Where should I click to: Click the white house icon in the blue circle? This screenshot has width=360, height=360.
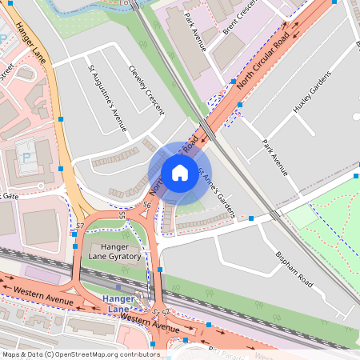click(x=180, y=173)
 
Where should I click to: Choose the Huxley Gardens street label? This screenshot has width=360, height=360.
click(x=311, y=93)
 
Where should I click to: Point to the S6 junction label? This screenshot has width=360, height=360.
click(x=147, y=206)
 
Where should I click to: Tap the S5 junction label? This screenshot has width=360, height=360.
click(x=122, y=214)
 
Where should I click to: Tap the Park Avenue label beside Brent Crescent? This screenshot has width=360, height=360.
click(x=194, y=31)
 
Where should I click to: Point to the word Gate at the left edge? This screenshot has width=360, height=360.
click(x=10, y=195)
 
